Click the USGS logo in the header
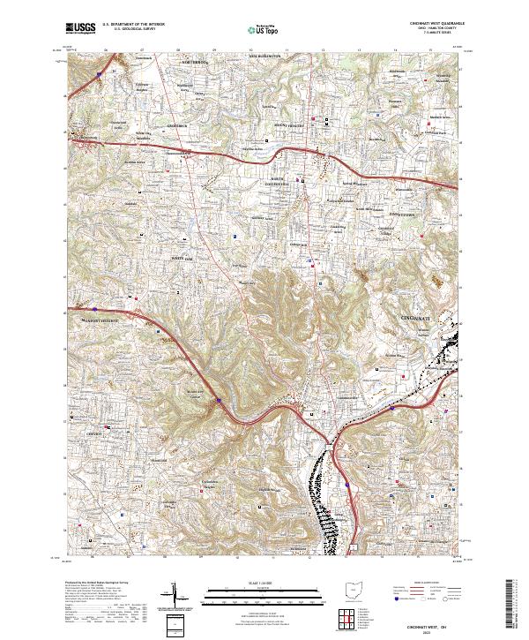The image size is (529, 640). tap(79, 29)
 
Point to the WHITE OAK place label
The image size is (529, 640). tap(183, 258)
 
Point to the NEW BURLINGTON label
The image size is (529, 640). tap(263, 55)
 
